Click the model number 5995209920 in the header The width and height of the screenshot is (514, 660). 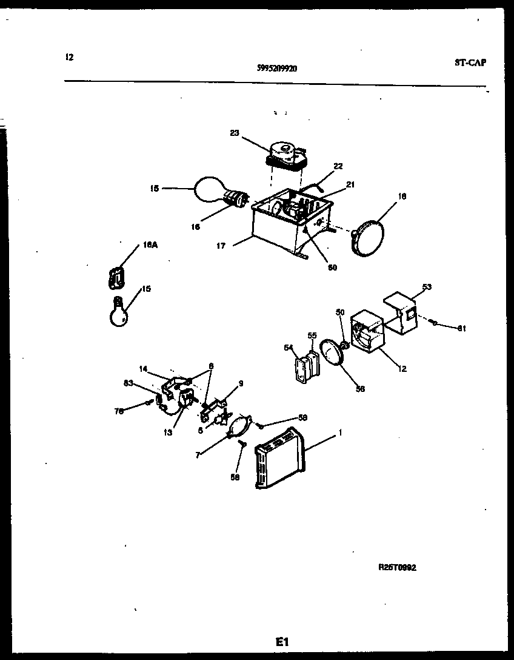pyautogui.click(x=277, y=69)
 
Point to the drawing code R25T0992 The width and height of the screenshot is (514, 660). pyautogui.click(x=397, y=568)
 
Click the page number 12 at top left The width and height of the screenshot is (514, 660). pyautogui.click(x=69, y=58)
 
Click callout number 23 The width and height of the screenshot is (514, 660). pyautogui.click(x=235, y=134)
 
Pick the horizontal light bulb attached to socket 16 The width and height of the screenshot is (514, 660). pyautogui.click(x=209, y=189)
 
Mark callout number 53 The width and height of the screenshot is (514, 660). pyautogui.click(x=427, y=287)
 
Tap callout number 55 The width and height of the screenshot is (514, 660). pyautogui.click(x=312, y=335)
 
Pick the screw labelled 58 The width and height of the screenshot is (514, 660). pyautogui.click(x=241, y=446)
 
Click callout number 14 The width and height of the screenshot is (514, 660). pyautogui.click(x=143, y=368)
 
